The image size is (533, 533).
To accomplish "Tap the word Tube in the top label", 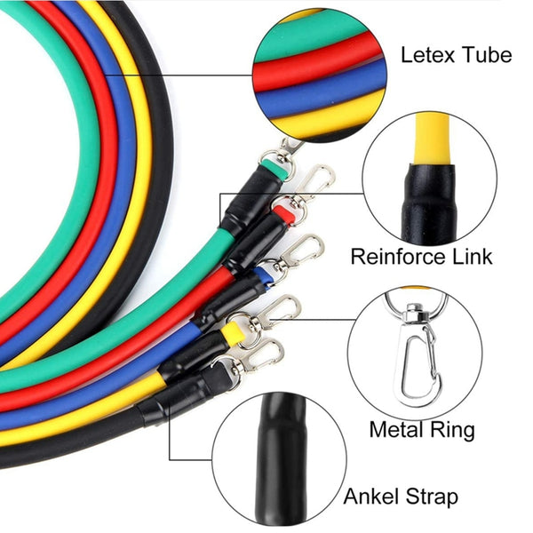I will pyautogui.click(x=487, y=55).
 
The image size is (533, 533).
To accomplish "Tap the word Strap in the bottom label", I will pyautogui.click(x=429, y=497).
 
